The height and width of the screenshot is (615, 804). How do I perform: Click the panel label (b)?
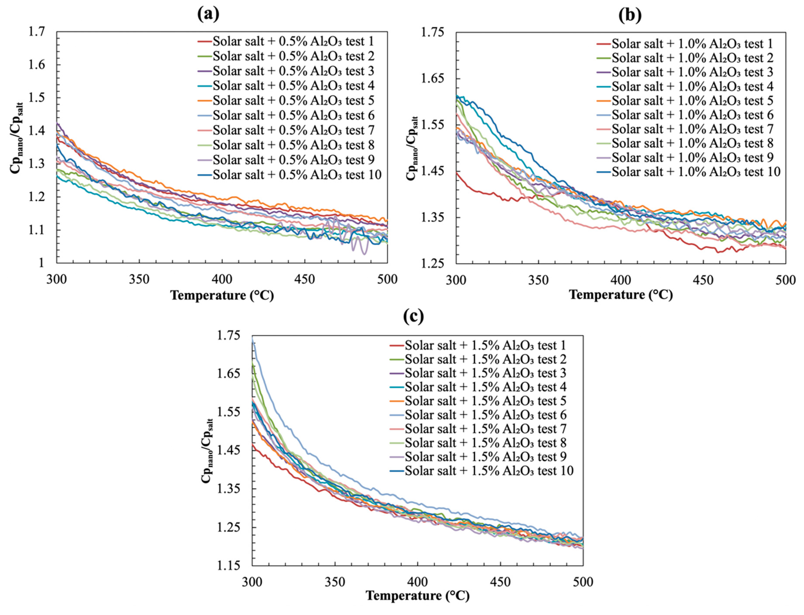tap(630, 15)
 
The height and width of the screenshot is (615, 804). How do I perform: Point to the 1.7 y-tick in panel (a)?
tap(37, 32)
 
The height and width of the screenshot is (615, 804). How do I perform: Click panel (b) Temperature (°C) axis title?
tap(621, 295)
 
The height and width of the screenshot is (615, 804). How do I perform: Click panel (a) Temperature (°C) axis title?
tap(222, 295)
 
